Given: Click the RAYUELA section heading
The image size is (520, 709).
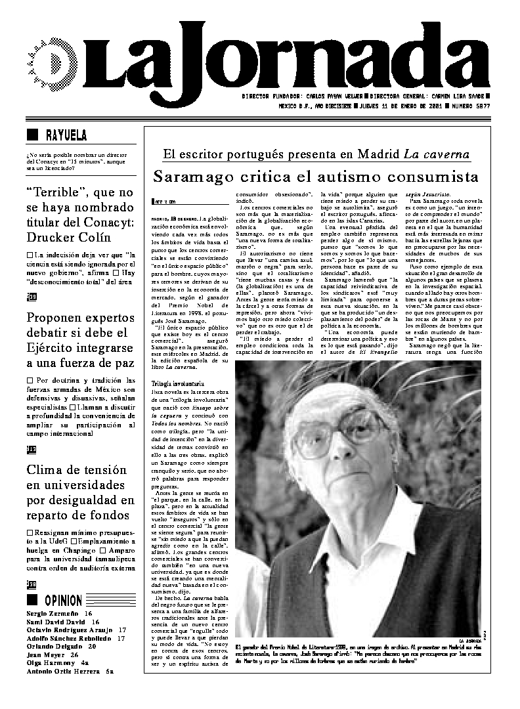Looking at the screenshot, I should click(66, 136).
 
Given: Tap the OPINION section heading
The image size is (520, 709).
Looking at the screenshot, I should click(64, 600).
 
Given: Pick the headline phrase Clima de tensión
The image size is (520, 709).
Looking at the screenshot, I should click(76, 470).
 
